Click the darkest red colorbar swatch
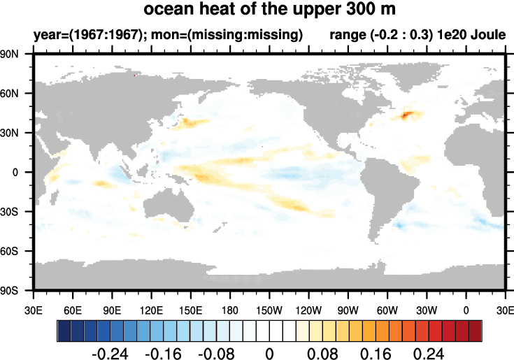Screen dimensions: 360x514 476,329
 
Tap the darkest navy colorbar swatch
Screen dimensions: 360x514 64,329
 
